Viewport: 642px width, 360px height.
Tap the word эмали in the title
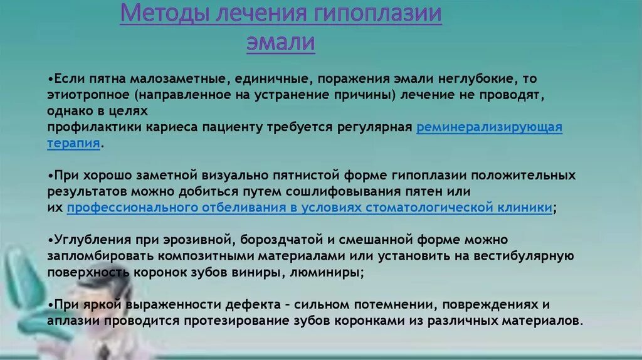tap(280, 43)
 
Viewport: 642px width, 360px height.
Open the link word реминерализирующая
tap(489, 127)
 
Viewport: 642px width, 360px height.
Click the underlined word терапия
tap(73, 143)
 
